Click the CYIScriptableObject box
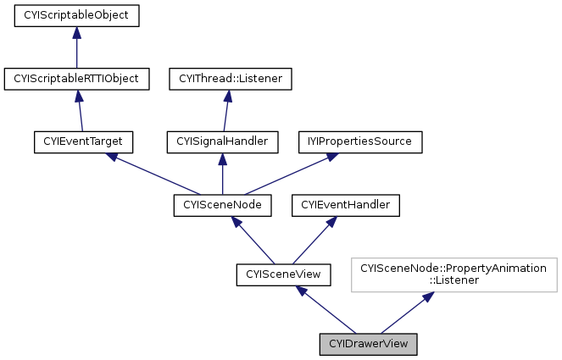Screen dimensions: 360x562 pyautogui.click(x=76, y=15)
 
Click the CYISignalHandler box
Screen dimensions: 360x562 pyautogui.click(x=222, y=141)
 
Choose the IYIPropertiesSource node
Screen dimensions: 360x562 pyautogui.click(x=359, y=141)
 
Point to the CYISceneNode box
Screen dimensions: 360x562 pyautogui.click(x=222, y=204)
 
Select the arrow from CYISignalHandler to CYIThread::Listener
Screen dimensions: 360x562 pyautogui.click(x=226, y=110)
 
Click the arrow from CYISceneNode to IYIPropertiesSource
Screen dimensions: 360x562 pyautogui.click(x=288, y=174)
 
